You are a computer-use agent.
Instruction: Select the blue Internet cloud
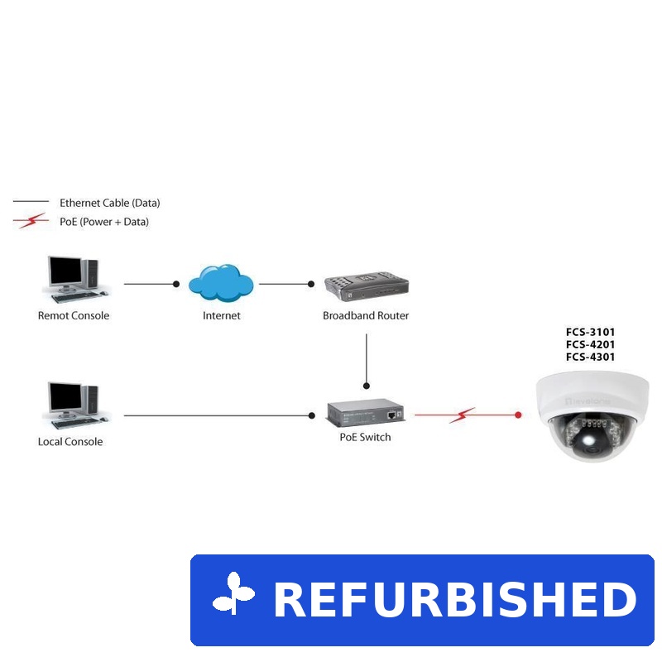click(220, 282)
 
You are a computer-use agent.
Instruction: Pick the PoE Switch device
click(365, 412)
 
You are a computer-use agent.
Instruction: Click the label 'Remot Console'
click(74, 315)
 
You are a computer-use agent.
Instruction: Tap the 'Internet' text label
click(222, 315)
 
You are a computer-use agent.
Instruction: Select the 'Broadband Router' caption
click(366, 315)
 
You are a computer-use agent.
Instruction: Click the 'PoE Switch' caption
click(365, 437)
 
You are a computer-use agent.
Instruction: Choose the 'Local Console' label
click(70, 442)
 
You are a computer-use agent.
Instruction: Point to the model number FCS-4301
click(590, 357)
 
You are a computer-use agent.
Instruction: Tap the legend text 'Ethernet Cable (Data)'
click(109, 203)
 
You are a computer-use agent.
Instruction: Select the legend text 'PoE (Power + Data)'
click(104, 222)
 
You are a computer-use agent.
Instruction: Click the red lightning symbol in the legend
click(31, 221)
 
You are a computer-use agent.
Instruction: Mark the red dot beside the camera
click(518, 415)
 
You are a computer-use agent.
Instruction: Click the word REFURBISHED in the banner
click(454, 600)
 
